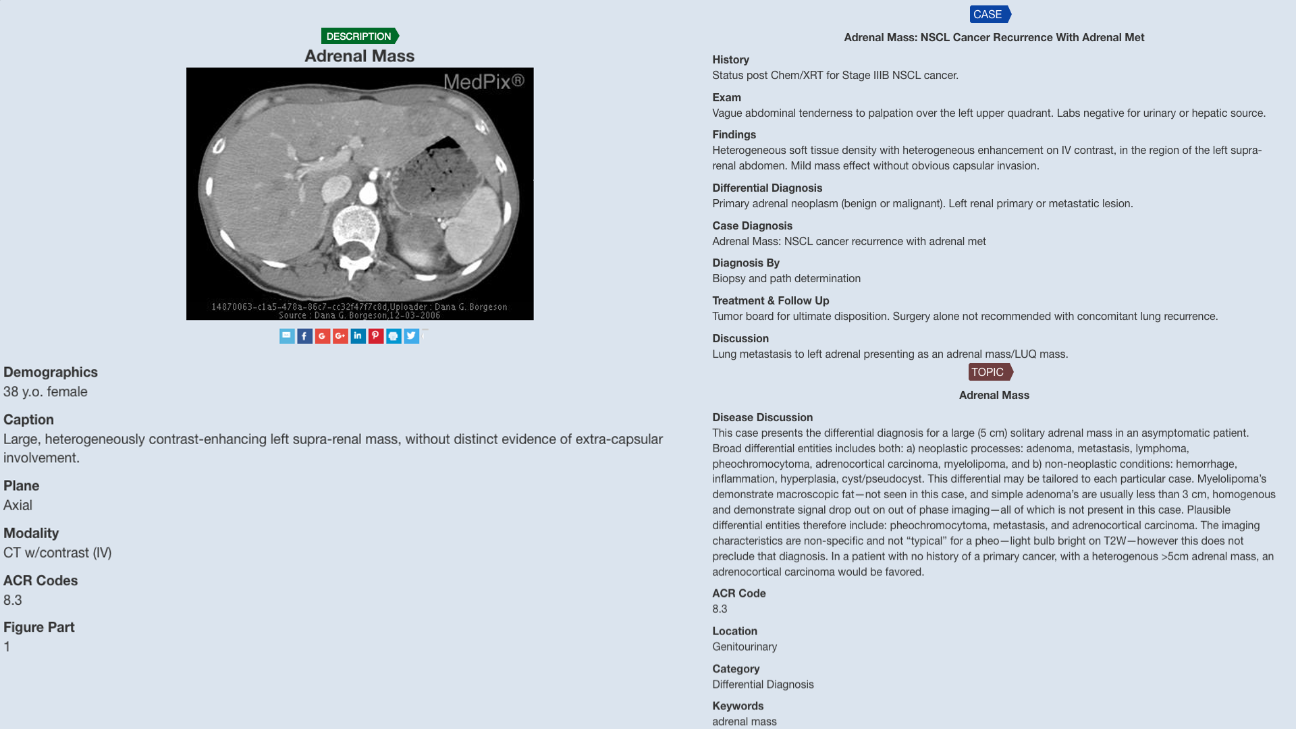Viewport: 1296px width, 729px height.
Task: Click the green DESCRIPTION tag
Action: (x=359, y=36)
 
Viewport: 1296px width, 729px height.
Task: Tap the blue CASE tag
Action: (x=989, y=14)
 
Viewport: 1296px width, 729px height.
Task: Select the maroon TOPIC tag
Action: (x=989, y=372)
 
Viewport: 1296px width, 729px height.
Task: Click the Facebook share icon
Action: (x=304, y=336)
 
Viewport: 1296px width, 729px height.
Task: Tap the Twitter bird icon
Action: (x=411, y=336)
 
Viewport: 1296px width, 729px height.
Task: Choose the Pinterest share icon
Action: (x=376, y=336)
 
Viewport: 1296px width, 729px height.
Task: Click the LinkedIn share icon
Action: (x=358, y=336)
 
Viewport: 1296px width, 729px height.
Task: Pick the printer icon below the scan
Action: (x=394, y=336)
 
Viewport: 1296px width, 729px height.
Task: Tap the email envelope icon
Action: (x=287, y=336)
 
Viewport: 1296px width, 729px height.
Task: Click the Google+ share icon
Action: (x=340, y=336)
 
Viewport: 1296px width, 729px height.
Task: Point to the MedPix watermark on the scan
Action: (x=483, y=82)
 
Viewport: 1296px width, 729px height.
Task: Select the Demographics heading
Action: (x=51, y=372)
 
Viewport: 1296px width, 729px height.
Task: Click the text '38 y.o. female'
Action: (x=45, y=391)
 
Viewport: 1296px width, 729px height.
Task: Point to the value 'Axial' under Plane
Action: (x=18, y=505)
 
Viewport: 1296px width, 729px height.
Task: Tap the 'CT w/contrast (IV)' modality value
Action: (x=57, y=552)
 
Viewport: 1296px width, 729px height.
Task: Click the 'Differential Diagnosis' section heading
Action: (x=767, y=188)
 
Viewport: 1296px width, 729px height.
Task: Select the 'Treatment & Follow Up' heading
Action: (x=770, y=300)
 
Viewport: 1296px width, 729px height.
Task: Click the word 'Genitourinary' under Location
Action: (x=745, y=646)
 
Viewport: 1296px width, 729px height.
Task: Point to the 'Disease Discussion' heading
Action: (x=762, y=417)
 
